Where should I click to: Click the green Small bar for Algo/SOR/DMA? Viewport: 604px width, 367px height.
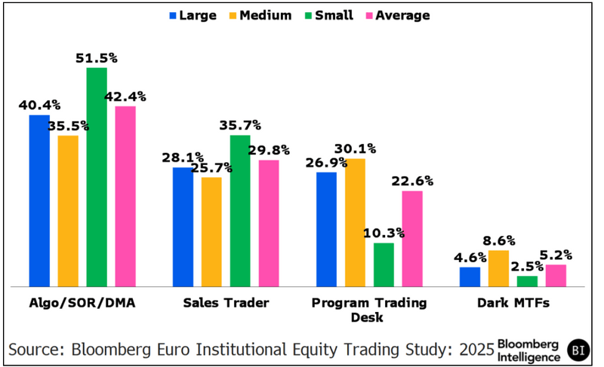coord(97,177)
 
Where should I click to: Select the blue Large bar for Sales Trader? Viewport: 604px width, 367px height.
coord(183,227)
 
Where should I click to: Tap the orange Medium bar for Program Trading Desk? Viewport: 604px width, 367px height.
coord(355,222)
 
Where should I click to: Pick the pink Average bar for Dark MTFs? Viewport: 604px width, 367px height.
coord(556,276)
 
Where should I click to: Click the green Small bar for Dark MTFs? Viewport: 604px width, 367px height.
coord(527,281)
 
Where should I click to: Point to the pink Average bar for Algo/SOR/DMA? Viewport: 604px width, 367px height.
coord(125,196)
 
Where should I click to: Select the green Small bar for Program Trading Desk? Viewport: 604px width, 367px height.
coord(384,265)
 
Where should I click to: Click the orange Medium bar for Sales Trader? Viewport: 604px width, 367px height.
coord(211,231)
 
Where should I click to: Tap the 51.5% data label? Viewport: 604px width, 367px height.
coord(97,57)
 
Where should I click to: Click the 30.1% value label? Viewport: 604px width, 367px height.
coord(355,148)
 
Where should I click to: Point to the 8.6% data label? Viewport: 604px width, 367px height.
coord(498,240)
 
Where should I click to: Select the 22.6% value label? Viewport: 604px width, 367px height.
coord(412,181)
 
